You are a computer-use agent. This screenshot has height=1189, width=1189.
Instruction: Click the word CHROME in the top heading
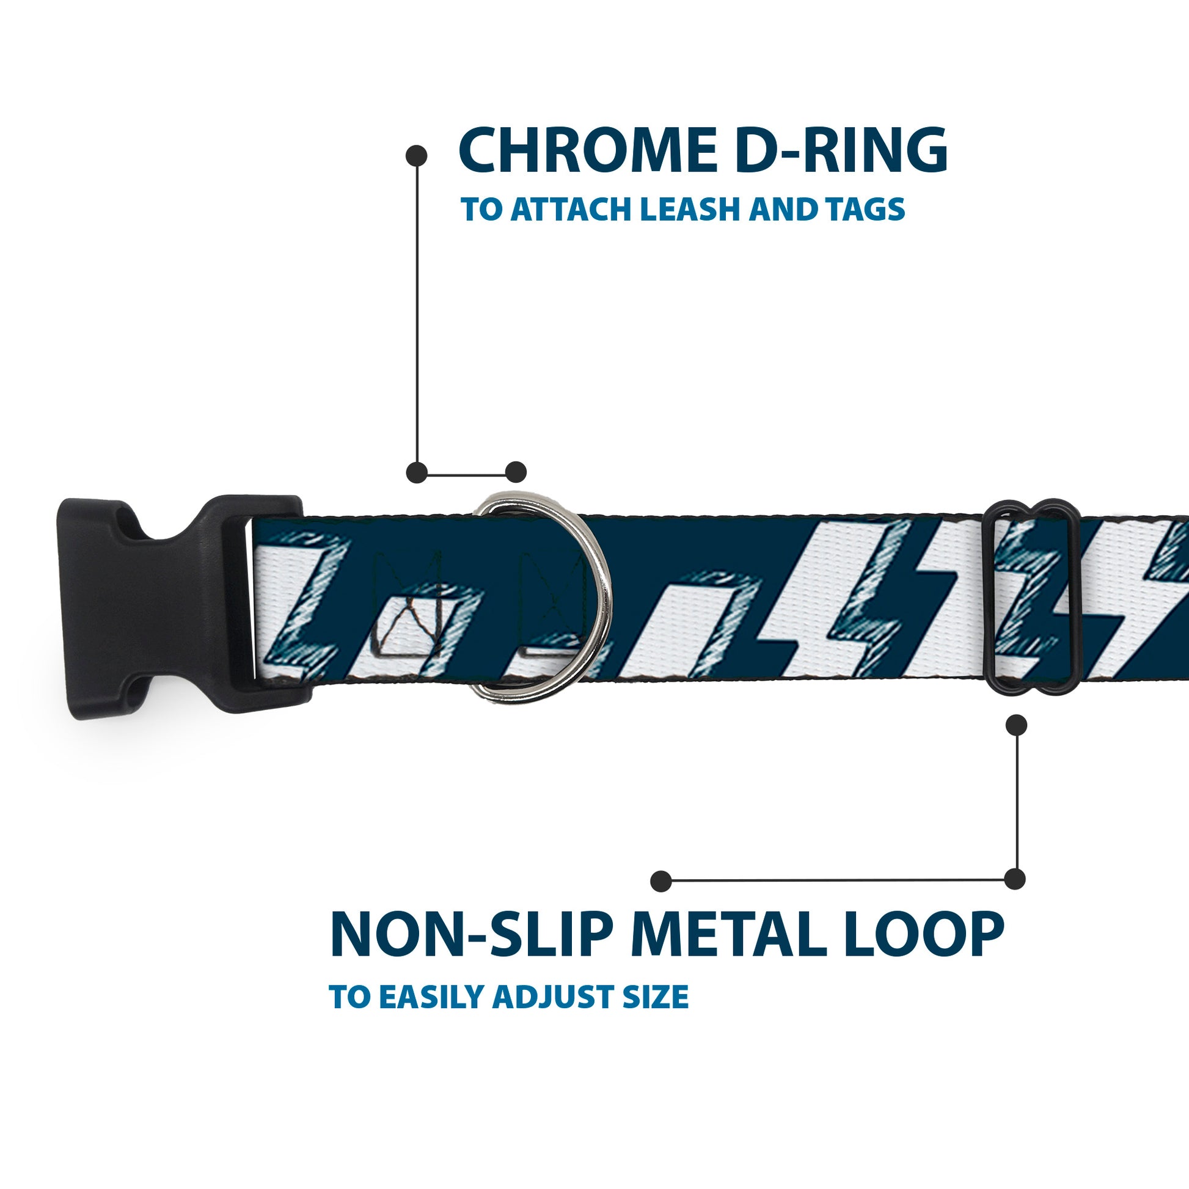587,151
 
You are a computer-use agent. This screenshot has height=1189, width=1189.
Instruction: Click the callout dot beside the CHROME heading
417,155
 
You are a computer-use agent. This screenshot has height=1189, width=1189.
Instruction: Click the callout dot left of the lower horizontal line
661,880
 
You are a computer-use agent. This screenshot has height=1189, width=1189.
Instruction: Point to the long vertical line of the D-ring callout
417,314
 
